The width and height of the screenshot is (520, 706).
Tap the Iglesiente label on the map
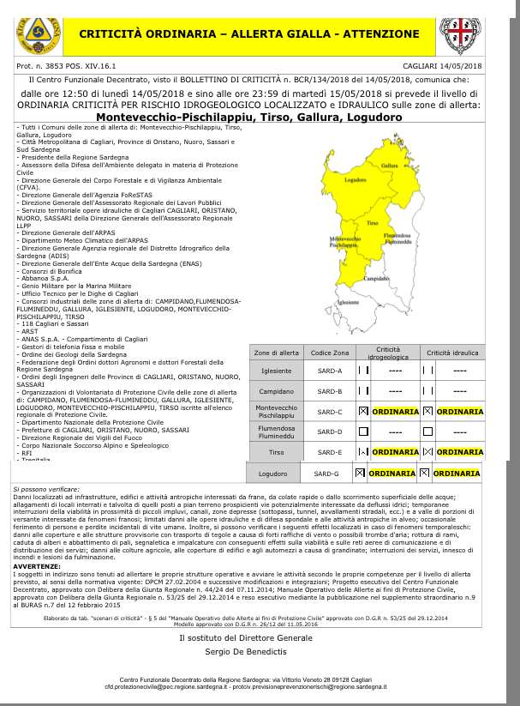coord(348,302)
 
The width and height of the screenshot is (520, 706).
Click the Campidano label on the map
coord(377,279)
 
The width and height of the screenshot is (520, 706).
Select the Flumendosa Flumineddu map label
coord(398,238)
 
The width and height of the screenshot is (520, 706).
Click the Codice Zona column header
coord(306,353)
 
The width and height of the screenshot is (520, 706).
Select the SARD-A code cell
coord(306,371)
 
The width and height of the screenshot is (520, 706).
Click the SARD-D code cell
coord(306,431)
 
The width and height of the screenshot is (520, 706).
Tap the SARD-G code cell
coord(326,473)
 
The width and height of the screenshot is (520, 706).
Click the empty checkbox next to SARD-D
coord(363,431)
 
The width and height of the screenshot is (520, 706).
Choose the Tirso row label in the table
coord(276,451)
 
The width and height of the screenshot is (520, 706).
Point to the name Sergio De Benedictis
coord(246,653)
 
